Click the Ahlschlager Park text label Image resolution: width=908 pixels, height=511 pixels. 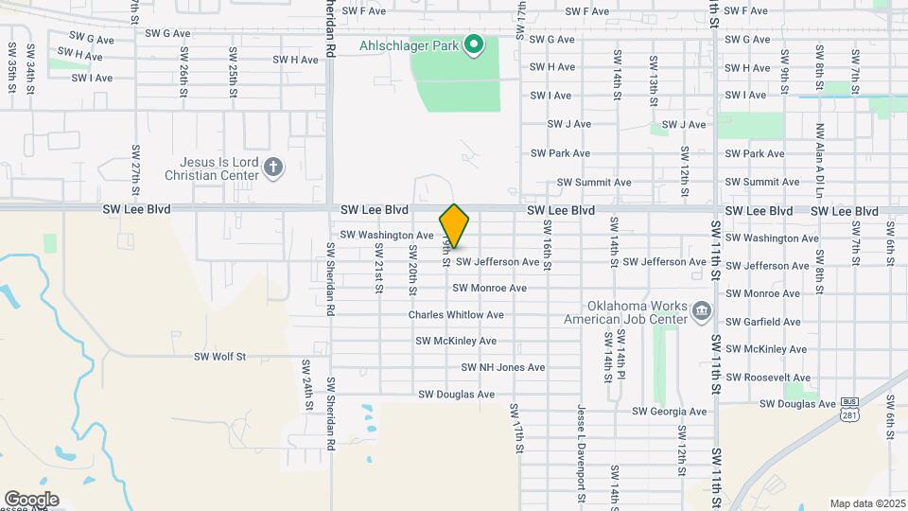pyautogui.click(x=409, y=44)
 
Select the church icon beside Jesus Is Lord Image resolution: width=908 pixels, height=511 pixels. pyautogui.click(x=273, y=167)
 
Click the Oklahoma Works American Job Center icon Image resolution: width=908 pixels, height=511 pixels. pyautogui.click(x=701, y=312)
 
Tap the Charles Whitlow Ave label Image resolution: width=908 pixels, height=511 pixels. pyautogui.click(x=456, y=314)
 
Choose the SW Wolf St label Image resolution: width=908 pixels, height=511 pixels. pyautogui.click(x=219, y=357)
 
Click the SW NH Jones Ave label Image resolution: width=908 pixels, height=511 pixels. pyautogui.click(x=503, y=367)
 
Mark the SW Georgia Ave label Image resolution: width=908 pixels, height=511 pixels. pyautogui.click(x=670, y=412)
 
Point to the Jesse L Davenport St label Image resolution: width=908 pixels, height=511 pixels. pyautogui.click(x=583, y=450)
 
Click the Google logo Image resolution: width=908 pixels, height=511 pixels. pyautogui.click(x=31, y=500)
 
